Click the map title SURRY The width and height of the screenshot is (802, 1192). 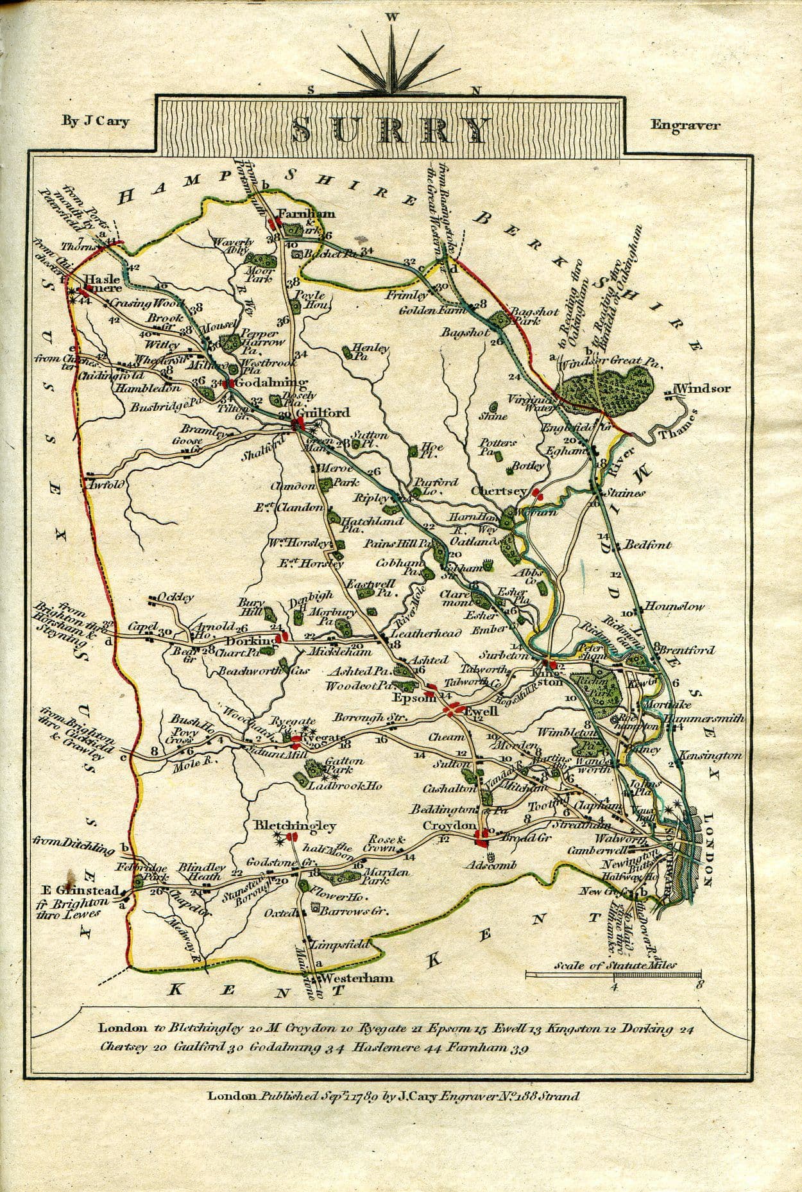(x=390, y=130)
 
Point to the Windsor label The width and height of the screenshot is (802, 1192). (x=703, y=388)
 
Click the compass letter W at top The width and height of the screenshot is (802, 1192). (x=391, y=17)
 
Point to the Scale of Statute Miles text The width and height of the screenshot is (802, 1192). (x=615, y=965)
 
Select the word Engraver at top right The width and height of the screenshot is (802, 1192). (x=685, y=125)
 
